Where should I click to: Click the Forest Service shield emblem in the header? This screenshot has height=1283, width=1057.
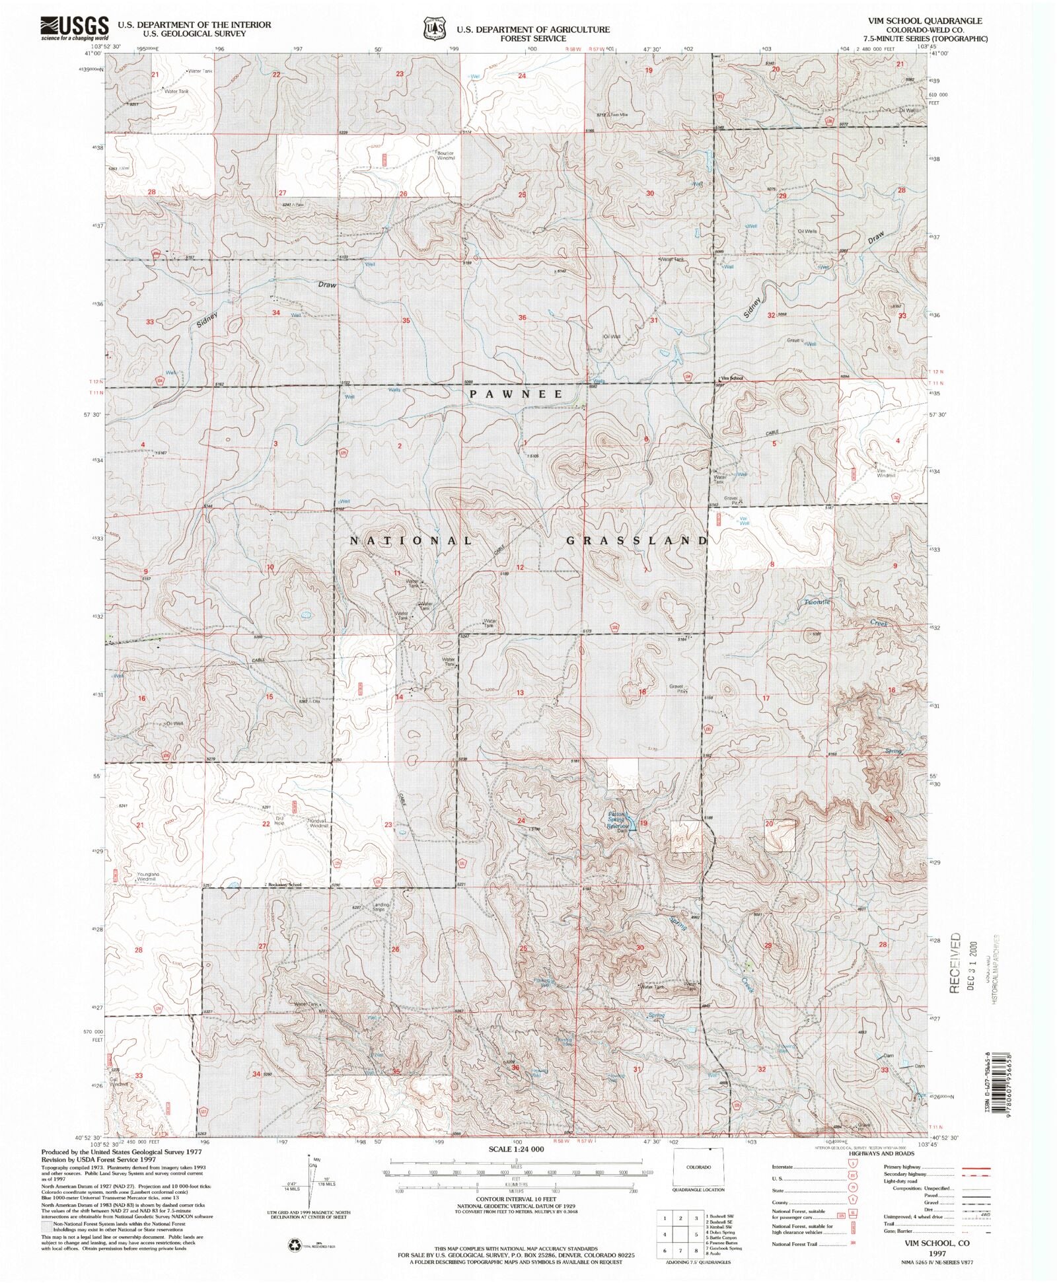click(x=433, y=30)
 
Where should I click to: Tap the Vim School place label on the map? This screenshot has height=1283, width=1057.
click(x=732, y=378)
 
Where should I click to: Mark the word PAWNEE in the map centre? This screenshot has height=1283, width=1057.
click(x=517, y=394)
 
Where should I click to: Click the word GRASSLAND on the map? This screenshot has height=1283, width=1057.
click(x=637, y=540)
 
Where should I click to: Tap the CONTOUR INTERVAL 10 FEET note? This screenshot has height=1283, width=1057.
click(x=517, y=1198)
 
